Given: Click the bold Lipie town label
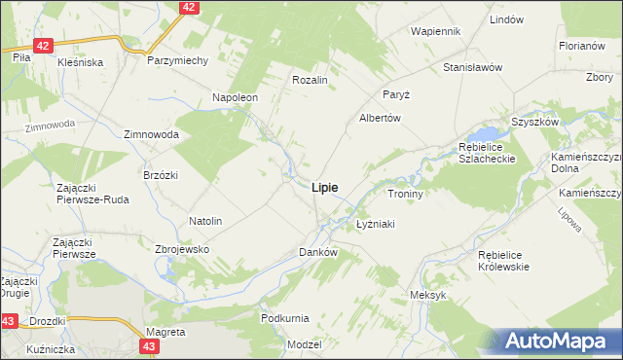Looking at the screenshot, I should point(325,189).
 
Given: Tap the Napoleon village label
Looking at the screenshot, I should point(235,98).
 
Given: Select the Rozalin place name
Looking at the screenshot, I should point(309,80).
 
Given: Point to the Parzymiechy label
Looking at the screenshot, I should point(178,60).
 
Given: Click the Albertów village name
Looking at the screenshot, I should point(381,117).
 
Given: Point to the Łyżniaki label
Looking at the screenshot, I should point(374,224).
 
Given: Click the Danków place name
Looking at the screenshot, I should point(317,252).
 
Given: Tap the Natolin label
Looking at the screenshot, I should point(205,221).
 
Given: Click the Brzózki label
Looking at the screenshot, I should point(161,174).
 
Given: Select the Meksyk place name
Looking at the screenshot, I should point(427,295).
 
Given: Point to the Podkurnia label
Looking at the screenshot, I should point(285,318).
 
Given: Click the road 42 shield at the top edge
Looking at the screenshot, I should point(189,7).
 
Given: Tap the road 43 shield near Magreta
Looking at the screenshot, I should point(148,345).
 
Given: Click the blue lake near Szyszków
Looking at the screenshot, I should point(483,133).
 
